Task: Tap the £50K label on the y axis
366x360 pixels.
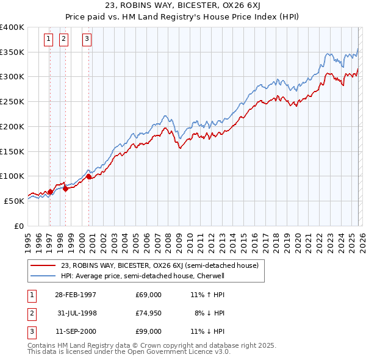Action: pos(15,201)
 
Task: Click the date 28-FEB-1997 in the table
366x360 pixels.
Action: pos(75,295)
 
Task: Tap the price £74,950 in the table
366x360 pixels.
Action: pos(148,313)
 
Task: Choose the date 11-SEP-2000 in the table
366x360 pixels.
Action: pos(75,331)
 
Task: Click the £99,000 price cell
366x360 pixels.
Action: pos(148,331)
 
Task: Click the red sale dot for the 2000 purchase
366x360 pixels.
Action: pos(88,177)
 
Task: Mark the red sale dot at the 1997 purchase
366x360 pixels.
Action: pos(50,192)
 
